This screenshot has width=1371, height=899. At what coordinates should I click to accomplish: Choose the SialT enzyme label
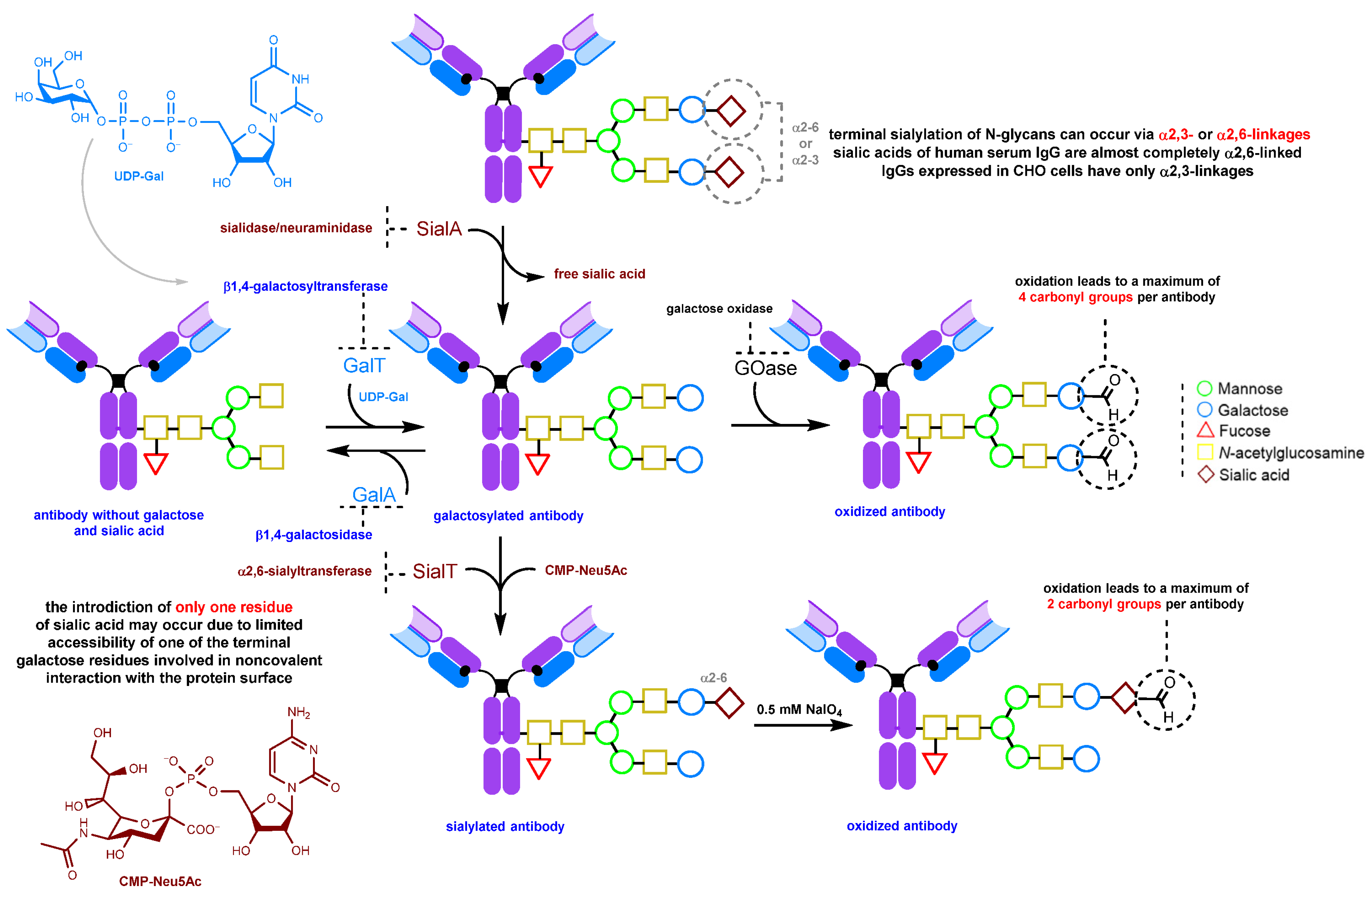(x=434, y=571)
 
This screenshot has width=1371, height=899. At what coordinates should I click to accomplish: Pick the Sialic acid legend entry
(x=1253, y=475)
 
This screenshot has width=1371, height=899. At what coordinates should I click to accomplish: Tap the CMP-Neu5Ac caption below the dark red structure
(x=160, y=881)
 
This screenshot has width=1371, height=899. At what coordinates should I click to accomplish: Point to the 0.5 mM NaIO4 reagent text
(x=799, y=710)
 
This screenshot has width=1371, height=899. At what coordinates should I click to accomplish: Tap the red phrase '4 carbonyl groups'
(x=1075, y=297)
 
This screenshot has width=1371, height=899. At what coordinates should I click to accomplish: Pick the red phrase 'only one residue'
(x=234, y=607)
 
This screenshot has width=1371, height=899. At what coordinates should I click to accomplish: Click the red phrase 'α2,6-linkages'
(x=1263, y=135)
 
